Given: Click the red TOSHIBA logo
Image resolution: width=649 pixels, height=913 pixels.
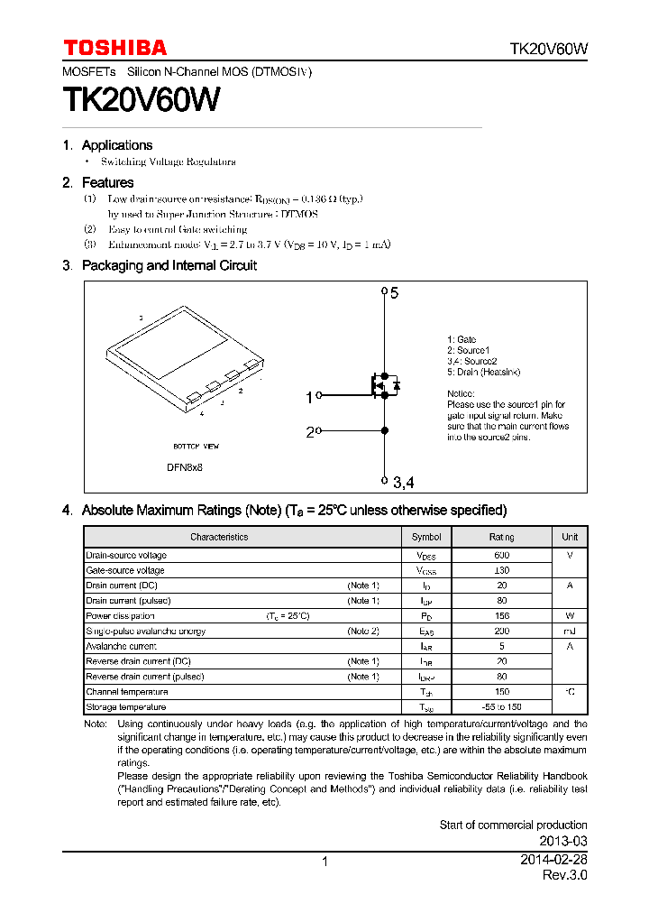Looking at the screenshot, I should point(114,48).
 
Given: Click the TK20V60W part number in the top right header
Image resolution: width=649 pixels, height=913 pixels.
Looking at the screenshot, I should point(548,50).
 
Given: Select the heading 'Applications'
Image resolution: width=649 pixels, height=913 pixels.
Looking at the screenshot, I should point(117,145).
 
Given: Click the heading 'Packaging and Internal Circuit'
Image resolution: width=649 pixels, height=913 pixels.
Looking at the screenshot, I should point(169,265).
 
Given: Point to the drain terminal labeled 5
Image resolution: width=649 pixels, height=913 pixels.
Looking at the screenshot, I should point(394,292).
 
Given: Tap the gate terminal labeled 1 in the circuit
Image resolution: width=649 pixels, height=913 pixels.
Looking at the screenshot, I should point(310,396).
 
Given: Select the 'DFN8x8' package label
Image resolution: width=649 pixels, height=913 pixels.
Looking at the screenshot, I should point(185,467).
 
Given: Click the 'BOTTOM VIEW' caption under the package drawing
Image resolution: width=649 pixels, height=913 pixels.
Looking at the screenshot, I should point(196,447).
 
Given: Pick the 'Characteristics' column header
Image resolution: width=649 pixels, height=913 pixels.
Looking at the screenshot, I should point(219,537).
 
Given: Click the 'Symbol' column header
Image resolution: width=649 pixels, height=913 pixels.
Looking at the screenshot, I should point(426,537).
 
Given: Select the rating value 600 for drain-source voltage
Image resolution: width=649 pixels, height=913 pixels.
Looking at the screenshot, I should point(501,556).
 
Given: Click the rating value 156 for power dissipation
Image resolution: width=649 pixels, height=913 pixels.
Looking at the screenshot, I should point(501,616).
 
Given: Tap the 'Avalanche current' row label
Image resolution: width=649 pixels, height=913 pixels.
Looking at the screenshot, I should point(121,646).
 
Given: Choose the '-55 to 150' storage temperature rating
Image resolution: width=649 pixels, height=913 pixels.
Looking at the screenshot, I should point(501,707).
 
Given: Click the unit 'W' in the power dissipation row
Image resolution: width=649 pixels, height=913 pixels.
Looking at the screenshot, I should point(570,616).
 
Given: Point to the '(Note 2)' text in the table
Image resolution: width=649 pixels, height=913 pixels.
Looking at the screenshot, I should point(363,632).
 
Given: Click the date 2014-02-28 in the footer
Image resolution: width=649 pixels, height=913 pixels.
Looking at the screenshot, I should point(553,861).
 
